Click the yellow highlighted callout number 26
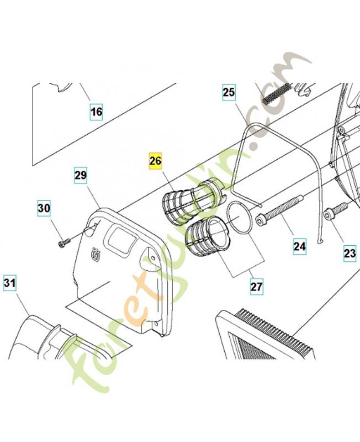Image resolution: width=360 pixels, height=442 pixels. tap(156, 161)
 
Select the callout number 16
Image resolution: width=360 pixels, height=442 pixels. tap(96, 112)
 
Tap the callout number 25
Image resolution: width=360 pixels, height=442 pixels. tap(229, 92)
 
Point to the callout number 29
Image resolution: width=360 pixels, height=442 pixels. tap(81, 175)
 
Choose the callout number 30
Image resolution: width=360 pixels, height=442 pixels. tap(44, 208)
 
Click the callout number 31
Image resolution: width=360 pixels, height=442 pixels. tap(9, 282)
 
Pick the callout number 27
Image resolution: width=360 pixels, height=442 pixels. tap(256, 287)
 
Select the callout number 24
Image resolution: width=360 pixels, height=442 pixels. tap(299, 246)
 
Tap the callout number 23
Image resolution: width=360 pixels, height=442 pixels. tap(350, 253)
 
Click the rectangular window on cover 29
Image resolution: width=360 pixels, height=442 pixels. tap(119, 241)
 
